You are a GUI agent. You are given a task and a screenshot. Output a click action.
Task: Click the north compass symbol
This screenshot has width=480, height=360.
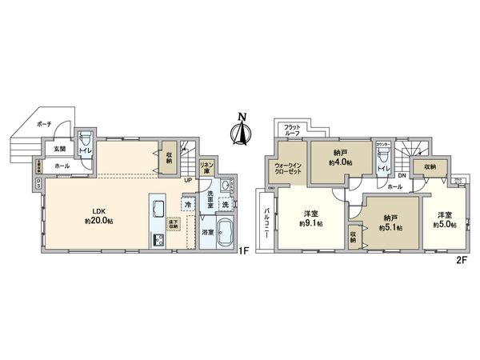coord(239,131)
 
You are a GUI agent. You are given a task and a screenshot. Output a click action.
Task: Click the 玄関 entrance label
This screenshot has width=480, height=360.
coord(60,149)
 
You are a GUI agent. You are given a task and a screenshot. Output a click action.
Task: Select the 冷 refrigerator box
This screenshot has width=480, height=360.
coord(186,205)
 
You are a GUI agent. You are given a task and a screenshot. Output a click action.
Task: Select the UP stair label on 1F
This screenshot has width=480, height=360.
coord(187,179)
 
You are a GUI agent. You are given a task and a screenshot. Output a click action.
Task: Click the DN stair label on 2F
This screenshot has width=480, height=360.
coord(402,176)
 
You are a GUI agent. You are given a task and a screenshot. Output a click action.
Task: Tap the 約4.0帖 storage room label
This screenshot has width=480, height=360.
coord(341,162)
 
